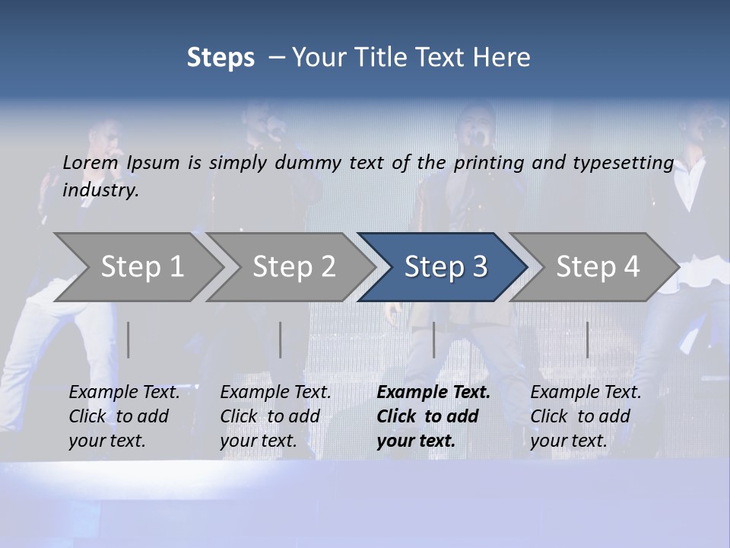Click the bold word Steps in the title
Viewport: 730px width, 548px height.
221,58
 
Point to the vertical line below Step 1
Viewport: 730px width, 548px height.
129,339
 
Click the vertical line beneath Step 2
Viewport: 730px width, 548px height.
281,339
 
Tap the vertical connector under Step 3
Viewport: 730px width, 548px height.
434,339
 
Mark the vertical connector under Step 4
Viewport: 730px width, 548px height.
587,339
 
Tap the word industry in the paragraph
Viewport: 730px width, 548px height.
100,190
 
